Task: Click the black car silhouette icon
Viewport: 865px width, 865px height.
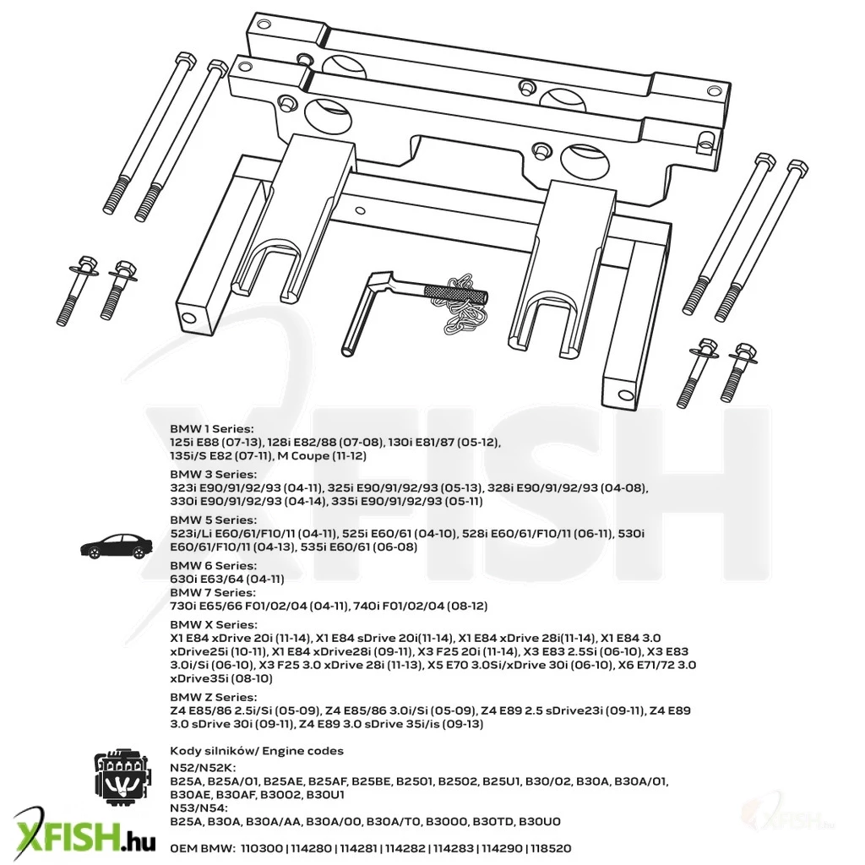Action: tap(117, 547)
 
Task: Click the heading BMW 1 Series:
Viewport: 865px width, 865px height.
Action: tap(212, 428)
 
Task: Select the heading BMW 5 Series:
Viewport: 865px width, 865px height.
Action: tap(213, 520)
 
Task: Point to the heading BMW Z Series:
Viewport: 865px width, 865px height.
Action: tap(213, 697)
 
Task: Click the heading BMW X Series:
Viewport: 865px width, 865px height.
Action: tap(214, 624)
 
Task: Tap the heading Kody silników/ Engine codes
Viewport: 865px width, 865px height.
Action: tap(257, 751)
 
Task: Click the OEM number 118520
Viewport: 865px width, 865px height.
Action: tap(551, 848)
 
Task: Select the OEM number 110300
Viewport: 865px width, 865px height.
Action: tap(262, 848)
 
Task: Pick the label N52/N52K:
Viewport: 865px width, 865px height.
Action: tap(203, 768)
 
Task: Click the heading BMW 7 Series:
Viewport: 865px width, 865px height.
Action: tap(212, 592)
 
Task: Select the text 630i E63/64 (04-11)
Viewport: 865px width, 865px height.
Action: tap(227, 579)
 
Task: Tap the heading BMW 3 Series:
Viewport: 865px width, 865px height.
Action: tap(213, 475)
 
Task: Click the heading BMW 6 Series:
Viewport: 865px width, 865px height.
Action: tap(213, 565)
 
